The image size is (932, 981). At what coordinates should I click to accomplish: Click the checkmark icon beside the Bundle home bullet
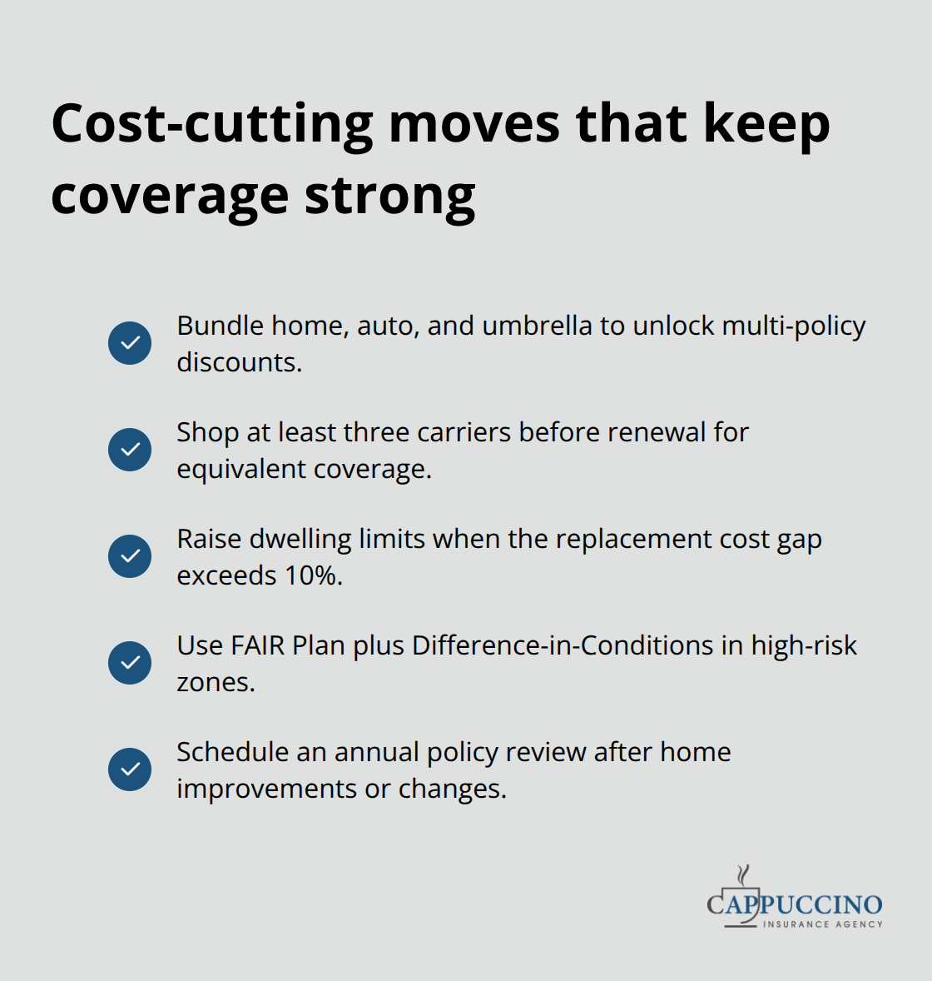pos(130,343)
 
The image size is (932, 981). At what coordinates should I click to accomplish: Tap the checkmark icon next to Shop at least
pos(130,450)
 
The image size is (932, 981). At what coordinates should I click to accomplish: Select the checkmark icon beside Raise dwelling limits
pos(130,556)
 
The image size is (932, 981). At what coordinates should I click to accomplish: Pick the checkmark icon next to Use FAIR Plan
pos(130,663)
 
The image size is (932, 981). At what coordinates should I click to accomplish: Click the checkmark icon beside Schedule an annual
pos(130,769)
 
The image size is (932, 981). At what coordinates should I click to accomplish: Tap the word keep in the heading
pos(766,125)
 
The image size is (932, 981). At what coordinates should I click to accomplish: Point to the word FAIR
pos(258,645)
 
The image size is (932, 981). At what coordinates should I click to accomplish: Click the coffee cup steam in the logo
pos(743,874)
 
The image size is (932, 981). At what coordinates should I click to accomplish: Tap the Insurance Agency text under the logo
pos(822,924)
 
